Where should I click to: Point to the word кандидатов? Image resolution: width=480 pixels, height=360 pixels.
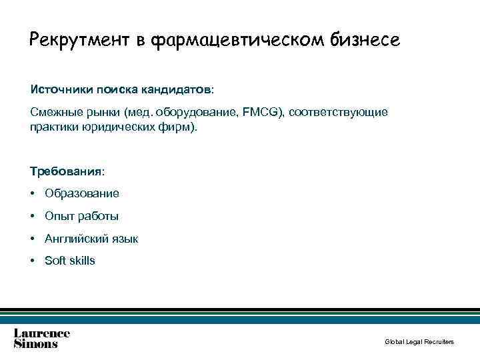point(181,89)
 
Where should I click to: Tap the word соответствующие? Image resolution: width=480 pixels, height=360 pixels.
point(339,112)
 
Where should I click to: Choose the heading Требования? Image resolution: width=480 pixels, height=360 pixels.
point(66,171)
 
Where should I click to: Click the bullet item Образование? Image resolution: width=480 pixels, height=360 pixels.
point(82,193)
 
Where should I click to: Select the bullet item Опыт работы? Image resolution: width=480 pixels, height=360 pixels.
point(81,216)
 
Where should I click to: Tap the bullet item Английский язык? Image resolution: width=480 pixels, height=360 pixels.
point(91,239)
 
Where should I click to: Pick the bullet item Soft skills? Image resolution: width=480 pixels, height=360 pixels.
point(70,261)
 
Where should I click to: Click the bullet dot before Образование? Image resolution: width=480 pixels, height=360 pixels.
point(33,194)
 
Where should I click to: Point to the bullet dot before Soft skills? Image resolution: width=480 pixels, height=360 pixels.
point(33,261)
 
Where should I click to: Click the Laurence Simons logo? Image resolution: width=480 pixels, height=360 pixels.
point(41,338)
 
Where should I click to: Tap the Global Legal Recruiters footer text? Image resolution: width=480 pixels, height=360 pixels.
point(419,342)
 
